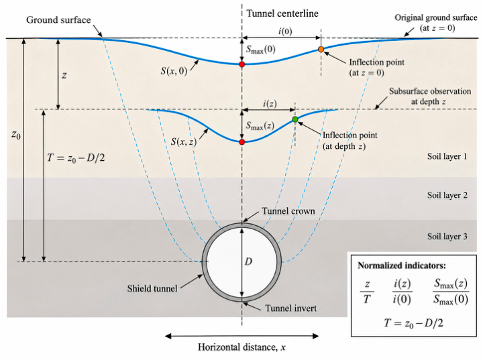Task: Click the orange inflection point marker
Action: click(321, 49)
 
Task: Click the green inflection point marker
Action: click(295, 119)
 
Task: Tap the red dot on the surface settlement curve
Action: click(241, 64)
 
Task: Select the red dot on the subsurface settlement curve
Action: click(241, 142)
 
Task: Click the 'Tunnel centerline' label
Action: click(282, 13)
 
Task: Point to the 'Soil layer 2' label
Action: click(447, 195)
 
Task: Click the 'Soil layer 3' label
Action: click(447, 236)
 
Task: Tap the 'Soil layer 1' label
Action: click(447, 156)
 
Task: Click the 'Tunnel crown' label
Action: click(288, 211)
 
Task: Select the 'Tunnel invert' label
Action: click(290, 308)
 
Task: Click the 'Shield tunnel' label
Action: click(152, 288)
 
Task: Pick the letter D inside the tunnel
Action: click(248, 261)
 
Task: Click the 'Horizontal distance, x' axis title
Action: click(241, 347)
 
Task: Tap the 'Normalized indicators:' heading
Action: click(402, 265)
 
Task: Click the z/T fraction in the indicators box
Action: click(367, 292)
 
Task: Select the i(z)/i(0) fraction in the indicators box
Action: click(402, 292)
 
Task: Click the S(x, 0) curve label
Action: click(174, 71)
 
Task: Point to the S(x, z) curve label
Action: click(184, 141)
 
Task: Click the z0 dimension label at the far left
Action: click(16, 135)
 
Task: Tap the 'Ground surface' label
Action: click(58, 20)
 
